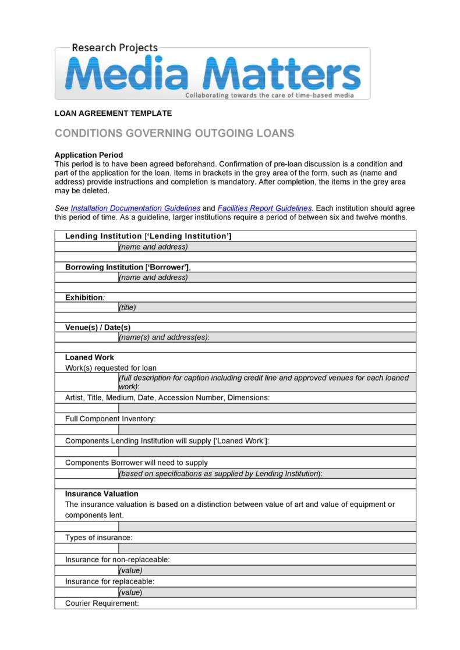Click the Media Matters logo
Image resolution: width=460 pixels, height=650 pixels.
click(x=213, y=74)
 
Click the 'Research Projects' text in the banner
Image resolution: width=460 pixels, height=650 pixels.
click(x=115, y=48)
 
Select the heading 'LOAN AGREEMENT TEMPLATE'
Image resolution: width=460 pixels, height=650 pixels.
click(x=113, y=113)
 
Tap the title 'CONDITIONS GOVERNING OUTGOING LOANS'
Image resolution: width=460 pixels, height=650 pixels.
click(x=174, y=133)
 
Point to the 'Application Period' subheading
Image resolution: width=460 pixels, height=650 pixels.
click(x=89, y=155)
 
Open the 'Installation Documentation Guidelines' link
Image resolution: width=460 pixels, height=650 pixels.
click(x=135, y=208)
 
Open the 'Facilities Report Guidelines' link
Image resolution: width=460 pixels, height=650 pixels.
click(x=265, y=208)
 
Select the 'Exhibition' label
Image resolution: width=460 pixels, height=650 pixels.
click(x=84, y=297)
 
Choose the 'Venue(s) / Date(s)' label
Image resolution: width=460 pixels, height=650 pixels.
click(x=97, y=328)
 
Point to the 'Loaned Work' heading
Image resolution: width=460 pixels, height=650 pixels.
click(x=89, y=357)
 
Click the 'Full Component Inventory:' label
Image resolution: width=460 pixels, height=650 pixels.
click(x=110, y=418)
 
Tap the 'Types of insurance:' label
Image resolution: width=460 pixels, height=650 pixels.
click(x=98, y=537)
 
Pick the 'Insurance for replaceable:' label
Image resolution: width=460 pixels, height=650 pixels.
click(x=109, y=581)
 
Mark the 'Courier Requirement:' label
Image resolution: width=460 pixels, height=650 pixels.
click(x=102, y=603)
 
